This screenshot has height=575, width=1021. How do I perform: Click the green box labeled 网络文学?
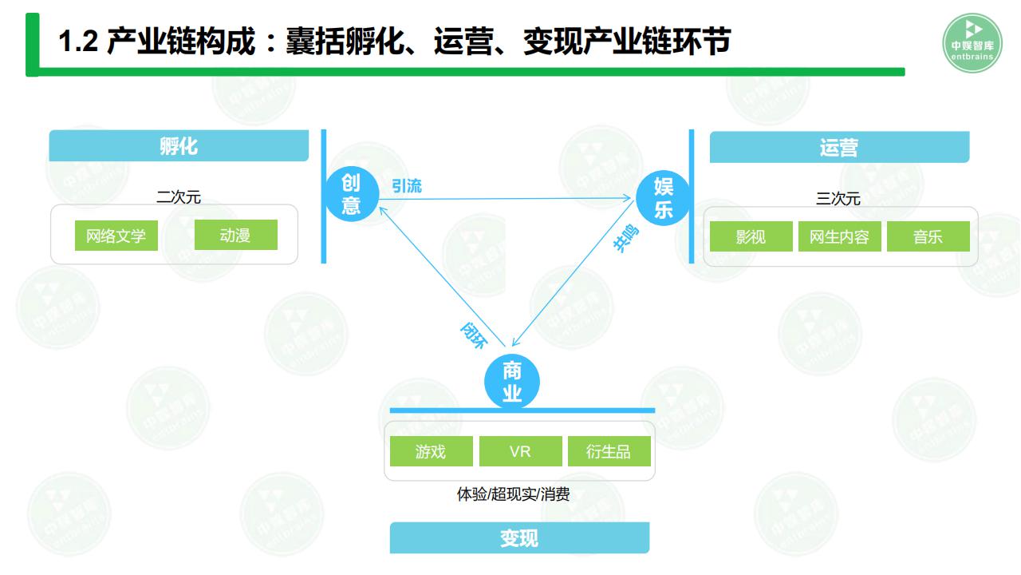click(x=116, y=236)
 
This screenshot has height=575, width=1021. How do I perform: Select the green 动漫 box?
click(x=235, y=235)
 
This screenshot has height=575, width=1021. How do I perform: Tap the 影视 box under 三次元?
click(x=751, y=236)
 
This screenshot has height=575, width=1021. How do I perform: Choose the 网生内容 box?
click(x=839, y=236)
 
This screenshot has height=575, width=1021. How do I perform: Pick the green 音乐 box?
click(x=928, y=236)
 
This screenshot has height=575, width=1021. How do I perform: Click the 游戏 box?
click(x=431, y=451)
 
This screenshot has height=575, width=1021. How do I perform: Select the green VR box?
click(x=520, y=451)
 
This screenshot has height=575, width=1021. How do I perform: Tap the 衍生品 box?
click(x=609, y=451)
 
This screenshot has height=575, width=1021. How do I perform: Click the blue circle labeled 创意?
click(x=351, y=195)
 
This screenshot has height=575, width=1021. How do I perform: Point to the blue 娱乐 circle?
click(x=663, y=198)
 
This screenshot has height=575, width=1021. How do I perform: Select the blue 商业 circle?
click(x=512, y=383)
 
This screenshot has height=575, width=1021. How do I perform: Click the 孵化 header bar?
click(x=179, y=146)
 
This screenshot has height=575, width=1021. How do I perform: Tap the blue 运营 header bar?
click(x=839, y=148)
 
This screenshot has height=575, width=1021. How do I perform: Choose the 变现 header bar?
click(x=519, y=538)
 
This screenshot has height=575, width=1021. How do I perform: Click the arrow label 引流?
click(x=407, y=186)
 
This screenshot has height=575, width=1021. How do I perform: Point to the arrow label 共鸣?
click(x=626, y=240)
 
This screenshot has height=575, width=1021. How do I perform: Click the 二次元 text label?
click(x=179, y=196)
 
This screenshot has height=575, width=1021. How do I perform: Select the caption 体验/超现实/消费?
click(x=513, y=494)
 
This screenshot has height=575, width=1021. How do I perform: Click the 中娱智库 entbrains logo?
click(x=972, y=42)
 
